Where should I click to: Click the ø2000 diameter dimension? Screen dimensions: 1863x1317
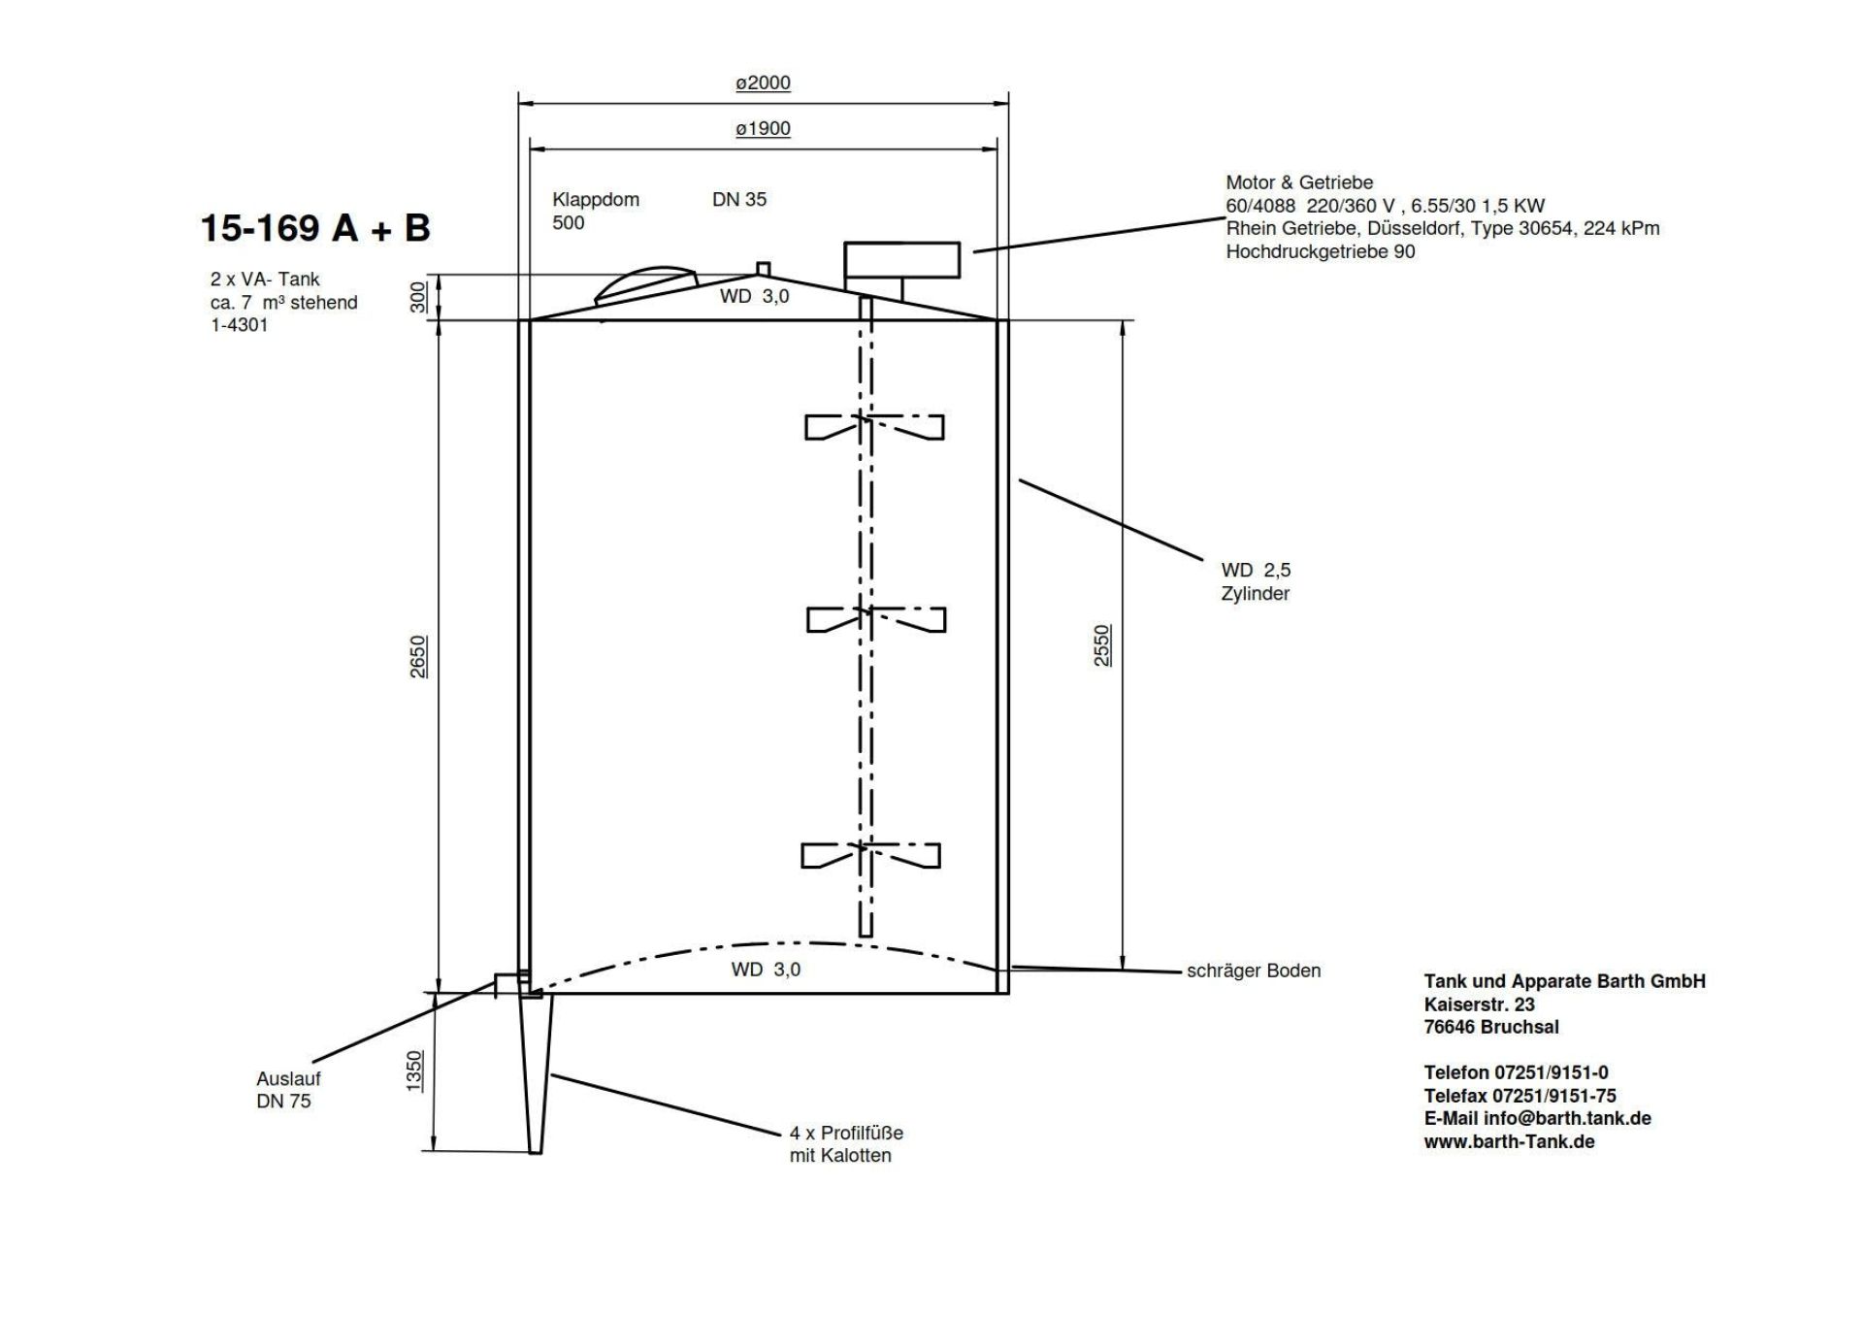tap(763, 83)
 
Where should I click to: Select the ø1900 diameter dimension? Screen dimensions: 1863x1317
tap(763, 129)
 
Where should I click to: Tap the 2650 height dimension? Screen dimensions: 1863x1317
tap(418, 657)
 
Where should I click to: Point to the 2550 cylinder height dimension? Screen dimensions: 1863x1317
tap(1102, 645)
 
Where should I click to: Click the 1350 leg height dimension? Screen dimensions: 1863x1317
tap(414, 1071)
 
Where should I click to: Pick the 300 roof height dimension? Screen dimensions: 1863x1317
tap(418, 297)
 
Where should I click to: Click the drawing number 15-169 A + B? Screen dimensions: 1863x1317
tap(315, 228)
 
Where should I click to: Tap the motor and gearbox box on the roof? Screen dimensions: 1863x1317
tap(902, 260)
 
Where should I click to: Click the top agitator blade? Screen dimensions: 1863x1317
tap(873, 427)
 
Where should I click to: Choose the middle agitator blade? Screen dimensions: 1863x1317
tap(875, 619)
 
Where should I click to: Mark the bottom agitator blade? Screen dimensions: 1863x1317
tap(870, 855)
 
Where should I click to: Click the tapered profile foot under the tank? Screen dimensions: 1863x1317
tap(536, 1073)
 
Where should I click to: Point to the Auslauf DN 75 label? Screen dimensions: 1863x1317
tap(288, 1090)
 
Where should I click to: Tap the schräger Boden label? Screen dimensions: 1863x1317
tap(1254, 971)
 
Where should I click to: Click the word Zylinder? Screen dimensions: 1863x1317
tap(1256, 594)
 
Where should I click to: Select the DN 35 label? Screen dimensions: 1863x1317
tap(739, 199)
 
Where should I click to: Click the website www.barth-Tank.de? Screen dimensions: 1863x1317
tap(1510, 1141)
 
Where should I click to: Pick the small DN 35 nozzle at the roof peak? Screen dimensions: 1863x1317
tap(764, 269)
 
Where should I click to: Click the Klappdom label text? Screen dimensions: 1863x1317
tap(596, 200)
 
